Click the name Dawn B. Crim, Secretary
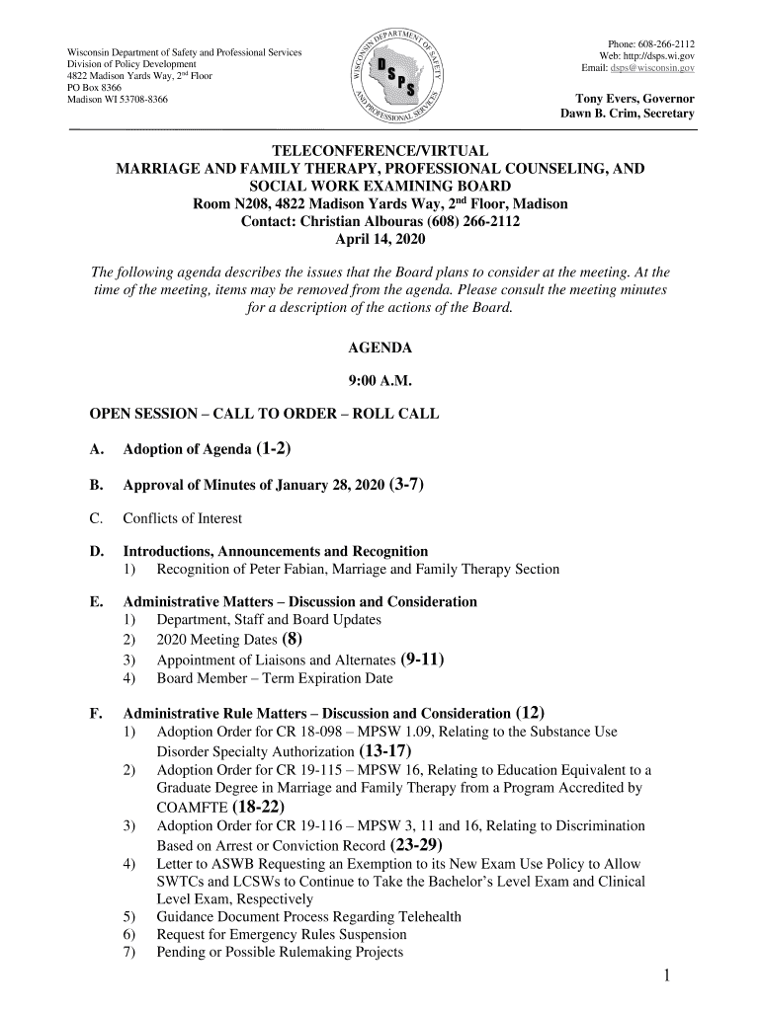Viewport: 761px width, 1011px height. click(x=628, y=114)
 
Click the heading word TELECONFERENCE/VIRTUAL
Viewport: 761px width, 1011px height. click(x=380, y=151)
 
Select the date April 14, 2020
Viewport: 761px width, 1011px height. click(x=380, y=239)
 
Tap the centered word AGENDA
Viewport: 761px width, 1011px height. click(x=380, y=349)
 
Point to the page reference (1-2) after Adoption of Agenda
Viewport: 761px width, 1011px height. click(x=273, y=449)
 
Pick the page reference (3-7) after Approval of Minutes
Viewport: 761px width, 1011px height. click(x=408, y=484)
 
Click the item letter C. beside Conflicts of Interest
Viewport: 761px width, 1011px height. click(x=97, y=518)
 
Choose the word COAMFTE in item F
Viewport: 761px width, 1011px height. click(x=192, y=808)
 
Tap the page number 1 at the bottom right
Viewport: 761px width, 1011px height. click(x=668, y=976)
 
